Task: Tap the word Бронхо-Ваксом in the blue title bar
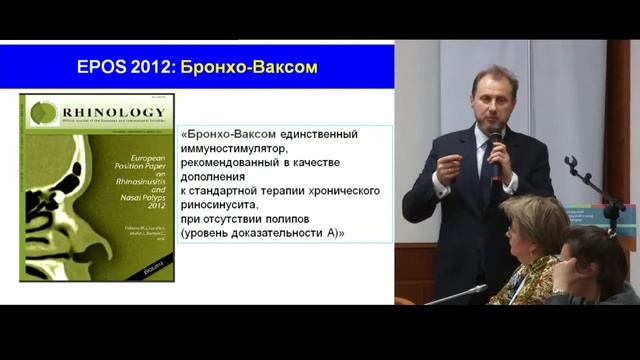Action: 261,67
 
